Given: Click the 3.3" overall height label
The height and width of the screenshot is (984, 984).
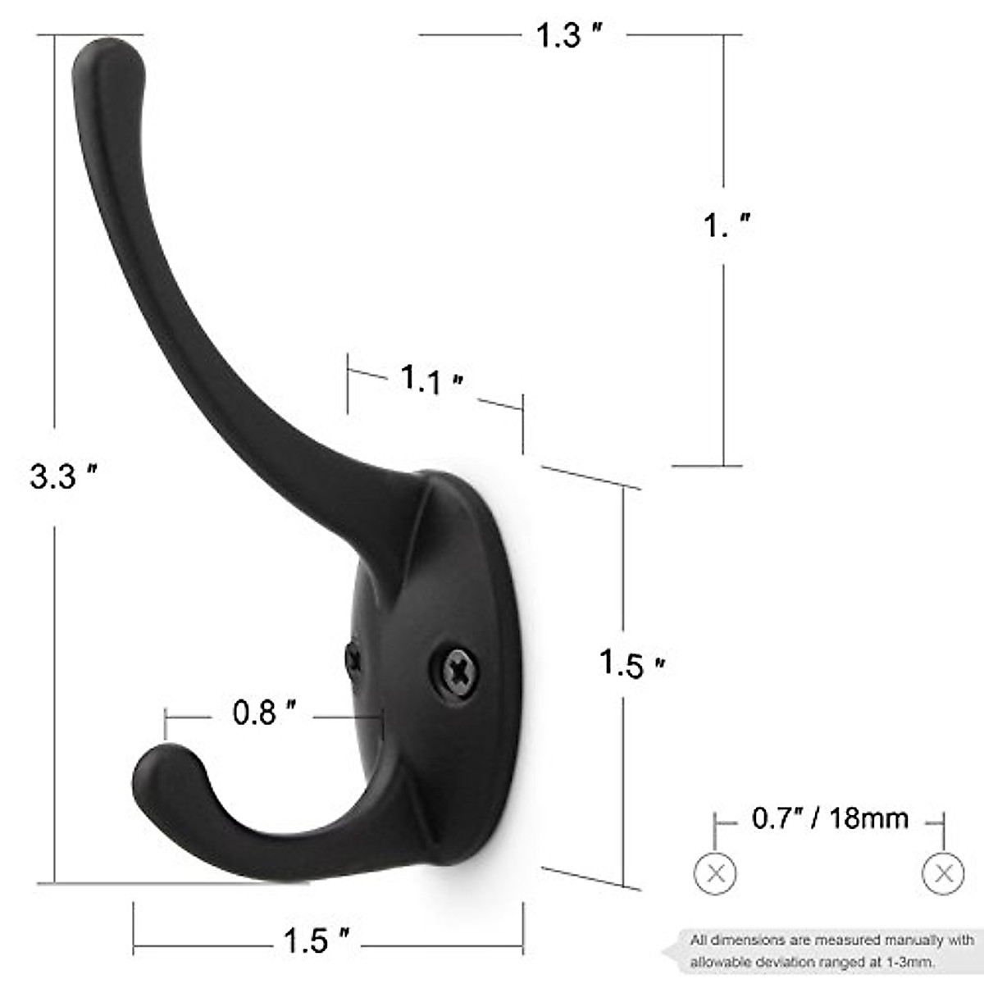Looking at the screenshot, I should pos(63,476).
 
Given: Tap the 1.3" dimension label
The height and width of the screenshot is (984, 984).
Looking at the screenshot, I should pos(569,35).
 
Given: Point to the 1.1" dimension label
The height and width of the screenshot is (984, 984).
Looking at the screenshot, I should pos(431,380).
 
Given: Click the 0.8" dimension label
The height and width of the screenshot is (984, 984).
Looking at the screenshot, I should pos(263,713).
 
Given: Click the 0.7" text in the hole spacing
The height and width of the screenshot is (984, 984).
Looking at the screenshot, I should pos(776,818).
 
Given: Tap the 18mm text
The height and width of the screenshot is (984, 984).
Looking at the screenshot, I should pos(868,818).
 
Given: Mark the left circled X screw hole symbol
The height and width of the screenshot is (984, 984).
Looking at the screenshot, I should pos(715,873).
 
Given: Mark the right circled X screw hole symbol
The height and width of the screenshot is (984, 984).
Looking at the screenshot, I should pos(943,873).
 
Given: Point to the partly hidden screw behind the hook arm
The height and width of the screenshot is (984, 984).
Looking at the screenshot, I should pos(353,659).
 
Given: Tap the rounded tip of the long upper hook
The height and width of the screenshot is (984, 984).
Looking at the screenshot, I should pos(108,61).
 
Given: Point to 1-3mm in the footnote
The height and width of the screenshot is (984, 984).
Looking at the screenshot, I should pos(910,961).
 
